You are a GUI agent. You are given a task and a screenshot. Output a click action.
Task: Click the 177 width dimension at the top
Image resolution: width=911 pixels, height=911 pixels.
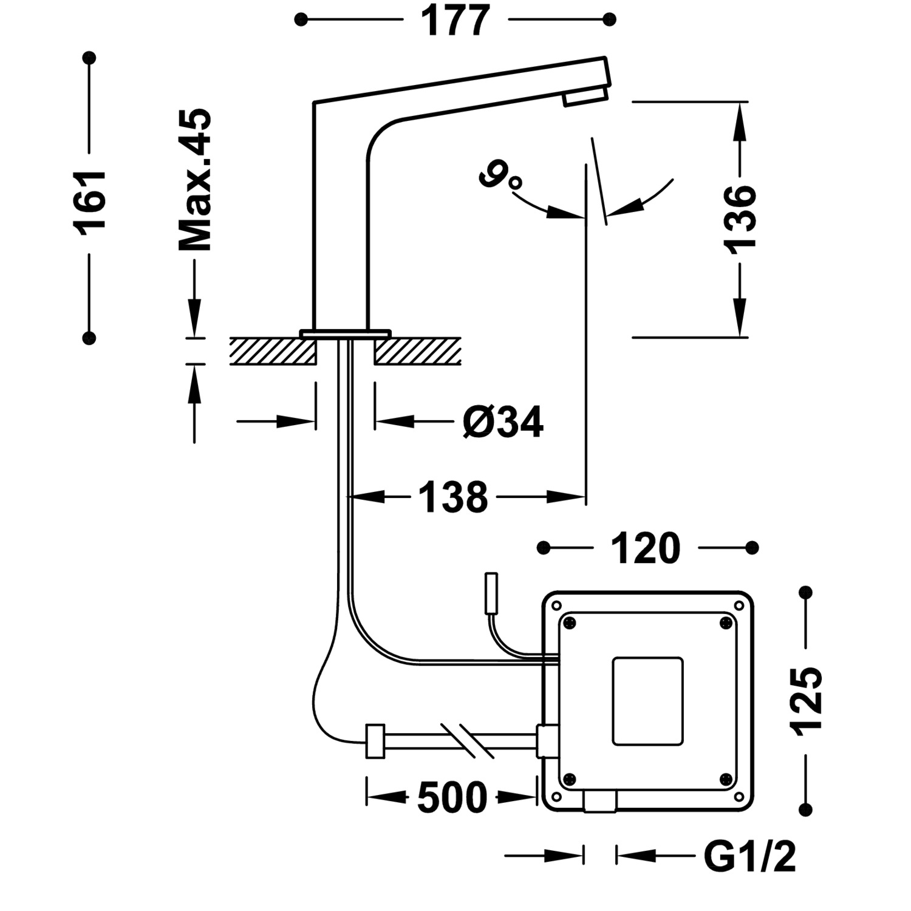[455, 21]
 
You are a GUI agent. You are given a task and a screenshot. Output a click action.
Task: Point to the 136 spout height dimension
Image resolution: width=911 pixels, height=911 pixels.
[740, 217]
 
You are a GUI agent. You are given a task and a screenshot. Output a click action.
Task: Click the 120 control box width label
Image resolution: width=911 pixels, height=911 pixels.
[645, 548]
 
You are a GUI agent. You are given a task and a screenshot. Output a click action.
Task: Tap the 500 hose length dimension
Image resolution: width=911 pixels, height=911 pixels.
[452, 797]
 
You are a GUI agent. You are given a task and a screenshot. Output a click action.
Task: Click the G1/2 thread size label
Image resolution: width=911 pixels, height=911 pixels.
[749, 856]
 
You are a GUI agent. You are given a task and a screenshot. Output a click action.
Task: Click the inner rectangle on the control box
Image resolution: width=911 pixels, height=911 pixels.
[647, 701]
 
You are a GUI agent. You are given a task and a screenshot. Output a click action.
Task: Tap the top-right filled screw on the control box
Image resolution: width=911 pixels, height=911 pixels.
[725, 623]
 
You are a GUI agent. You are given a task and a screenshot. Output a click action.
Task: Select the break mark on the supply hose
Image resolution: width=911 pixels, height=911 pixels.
[467, 740]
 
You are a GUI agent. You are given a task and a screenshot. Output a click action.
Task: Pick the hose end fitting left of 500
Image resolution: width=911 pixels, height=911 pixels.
[375, 741]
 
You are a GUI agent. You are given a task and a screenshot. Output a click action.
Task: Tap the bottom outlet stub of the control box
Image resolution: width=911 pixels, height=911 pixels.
[600, 802]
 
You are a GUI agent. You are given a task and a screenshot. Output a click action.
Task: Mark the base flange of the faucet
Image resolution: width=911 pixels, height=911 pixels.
[345, 333]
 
